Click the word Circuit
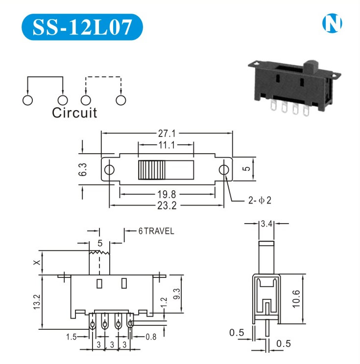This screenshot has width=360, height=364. click(74, 113)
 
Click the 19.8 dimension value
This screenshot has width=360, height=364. click(167, 195)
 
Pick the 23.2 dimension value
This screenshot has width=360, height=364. click(167, 206)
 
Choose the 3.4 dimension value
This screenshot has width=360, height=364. click(266, 224)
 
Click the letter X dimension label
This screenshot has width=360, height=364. click(37, 263)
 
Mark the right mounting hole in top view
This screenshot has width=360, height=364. click(224, 170)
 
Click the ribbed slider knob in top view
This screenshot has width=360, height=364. click(153, 170)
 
